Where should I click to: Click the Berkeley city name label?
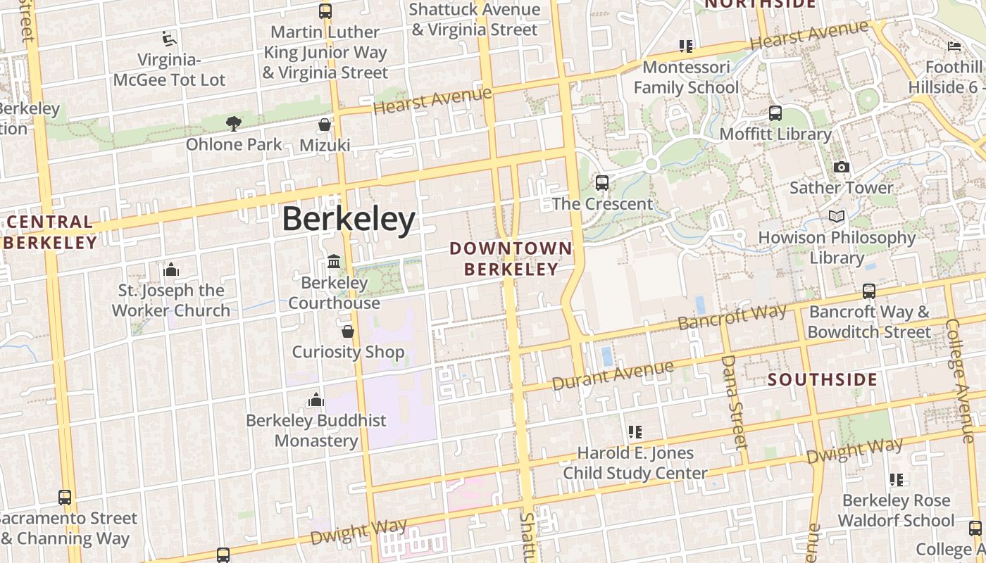(349, 220)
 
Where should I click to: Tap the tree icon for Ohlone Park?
(234, 124)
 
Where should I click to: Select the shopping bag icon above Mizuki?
(325, 125)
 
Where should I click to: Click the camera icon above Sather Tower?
(841, 167)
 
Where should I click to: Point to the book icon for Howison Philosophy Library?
(836, 217)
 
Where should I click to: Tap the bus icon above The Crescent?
(602, 183)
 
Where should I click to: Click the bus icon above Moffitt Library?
(775, 113)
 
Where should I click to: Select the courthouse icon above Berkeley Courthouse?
(334, 262)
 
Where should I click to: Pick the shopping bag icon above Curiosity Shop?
(347, 331)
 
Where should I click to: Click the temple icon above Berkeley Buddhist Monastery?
(316, 400)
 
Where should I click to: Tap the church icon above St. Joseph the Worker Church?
(171, 270)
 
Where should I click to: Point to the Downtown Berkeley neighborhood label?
(511, 258)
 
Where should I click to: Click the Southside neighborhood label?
(823, 380)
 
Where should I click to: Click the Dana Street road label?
(734, 401)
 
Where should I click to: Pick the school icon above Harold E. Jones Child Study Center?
(635, 432)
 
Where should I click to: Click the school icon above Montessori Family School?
(686, 46)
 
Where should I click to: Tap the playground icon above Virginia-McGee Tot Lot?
(169, 38)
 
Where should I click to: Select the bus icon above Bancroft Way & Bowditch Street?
(869, 291)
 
